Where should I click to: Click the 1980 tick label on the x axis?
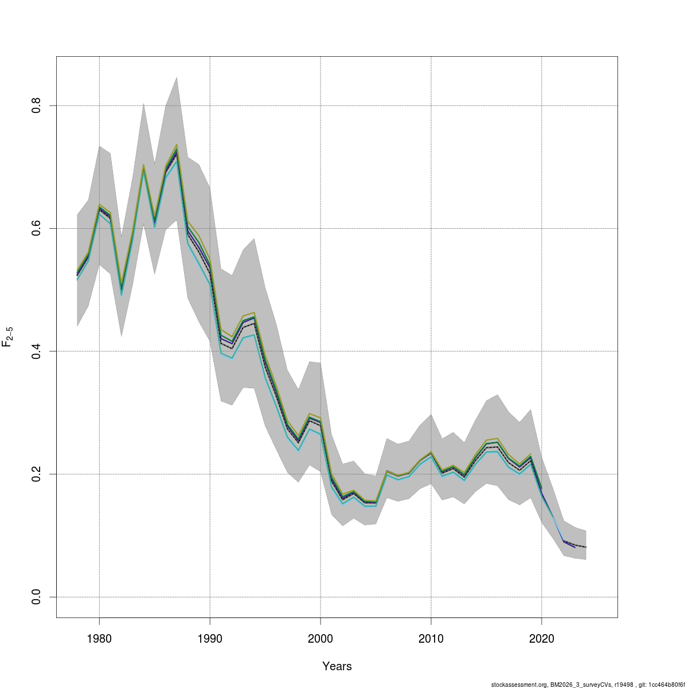point(99,639)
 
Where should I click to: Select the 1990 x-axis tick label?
point(210,639)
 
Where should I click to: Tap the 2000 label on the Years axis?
point(320,639)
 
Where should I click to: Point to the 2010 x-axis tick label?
point(431,639)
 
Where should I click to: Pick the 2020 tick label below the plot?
point(541,639)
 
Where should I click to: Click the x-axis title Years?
point(337,666)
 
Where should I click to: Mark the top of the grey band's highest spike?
point(177,77)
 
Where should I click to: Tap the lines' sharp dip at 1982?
point(122,290)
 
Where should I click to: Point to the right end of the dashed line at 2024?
point(585,547)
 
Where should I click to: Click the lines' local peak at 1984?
point(143,166)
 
